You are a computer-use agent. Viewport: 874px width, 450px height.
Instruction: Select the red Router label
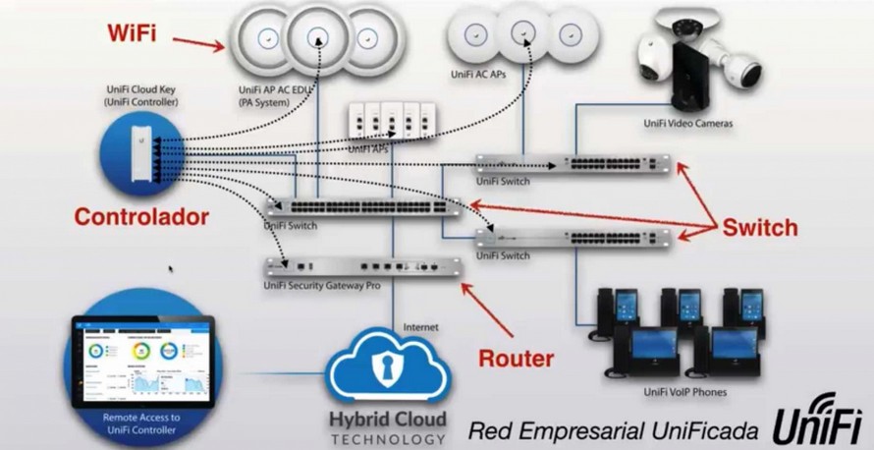(516, 358)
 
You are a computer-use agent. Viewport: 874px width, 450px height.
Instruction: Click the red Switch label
(760, 228)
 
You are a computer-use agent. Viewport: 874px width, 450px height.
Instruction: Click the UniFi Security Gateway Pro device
(363, 264)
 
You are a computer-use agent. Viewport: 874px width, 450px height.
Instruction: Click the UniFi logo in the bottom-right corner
(820, 422)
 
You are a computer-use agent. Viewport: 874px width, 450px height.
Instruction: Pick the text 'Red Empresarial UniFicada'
(613, 429)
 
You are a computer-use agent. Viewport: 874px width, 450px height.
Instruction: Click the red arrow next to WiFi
(195, 41)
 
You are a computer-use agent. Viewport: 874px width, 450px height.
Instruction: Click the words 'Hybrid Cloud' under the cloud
(387, 420)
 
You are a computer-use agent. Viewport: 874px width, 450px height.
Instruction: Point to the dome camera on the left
(655, 59)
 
